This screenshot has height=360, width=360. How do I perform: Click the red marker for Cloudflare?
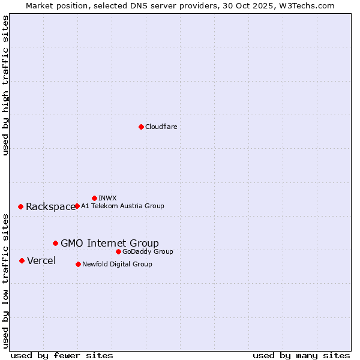point(141,127)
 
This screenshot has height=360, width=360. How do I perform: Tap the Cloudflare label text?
point(161,127)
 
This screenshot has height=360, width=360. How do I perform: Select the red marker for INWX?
point(94,198)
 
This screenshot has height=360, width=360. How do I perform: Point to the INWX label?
point(107,199)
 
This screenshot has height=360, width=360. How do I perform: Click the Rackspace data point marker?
point(20,206)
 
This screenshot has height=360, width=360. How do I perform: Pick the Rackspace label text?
point(50,207)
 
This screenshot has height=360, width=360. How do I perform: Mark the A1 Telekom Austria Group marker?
point(77,206)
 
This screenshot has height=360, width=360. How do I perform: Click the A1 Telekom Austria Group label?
point(122,206)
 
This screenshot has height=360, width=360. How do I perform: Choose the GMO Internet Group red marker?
point(55,243)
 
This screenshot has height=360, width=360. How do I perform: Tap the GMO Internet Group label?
point(110,243)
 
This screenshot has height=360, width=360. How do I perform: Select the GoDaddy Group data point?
point(118,251)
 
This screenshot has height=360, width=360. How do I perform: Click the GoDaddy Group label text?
point(148,252)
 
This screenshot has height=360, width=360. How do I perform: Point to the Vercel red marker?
point(22,260)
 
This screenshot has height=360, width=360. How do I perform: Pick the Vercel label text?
point(41,261)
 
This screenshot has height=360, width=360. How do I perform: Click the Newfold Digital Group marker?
point(78,264)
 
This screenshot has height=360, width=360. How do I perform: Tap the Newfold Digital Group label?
point(117,265)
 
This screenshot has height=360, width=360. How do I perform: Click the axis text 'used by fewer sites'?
point(62,356)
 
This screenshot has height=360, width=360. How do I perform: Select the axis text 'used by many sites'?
point(301,356)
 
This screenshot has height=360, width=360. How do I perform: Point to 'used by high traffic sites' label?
point(6,85)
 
